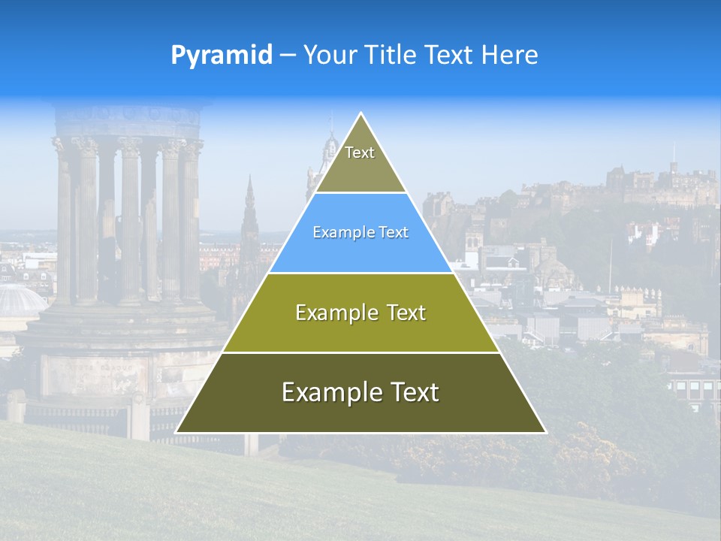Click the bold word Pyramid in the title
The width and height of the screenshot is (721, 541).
point(222,55)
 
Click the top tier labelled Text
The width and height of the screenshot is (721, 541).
point(360,162)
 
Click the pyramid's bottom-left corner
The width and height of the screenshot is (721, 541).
point(176,432)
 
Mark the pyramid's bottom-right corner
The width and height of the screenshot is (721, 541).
point(545,432)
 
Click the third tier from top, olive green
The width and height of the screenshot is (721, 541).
point(360,313)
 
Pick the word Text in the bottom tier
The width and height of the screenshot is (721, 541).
point(410,392)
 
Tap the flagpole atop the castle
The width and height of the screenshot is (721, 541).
point(673,154)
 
